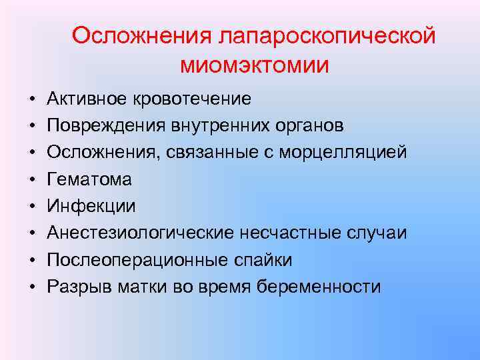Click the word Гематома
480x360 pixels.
click(x=89, y=179)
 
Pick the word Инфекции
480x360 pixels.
click(x=91, y=206)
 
